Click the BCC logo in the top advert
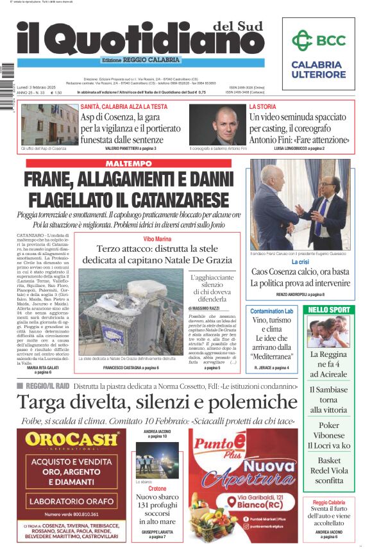319,40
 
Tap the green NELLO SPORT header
329,310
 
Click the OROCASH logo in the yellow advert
72,440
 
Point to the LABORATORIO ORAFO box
72,500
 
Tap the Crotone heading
157,488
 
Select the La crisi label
300,262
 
